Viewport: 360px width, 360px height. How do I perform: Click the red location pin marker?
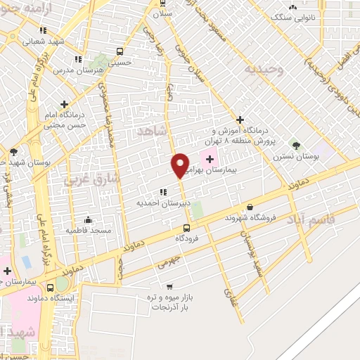(x=181, y=165)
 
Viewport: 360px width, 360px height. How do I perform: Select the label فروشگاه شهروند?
(x=248, y=218)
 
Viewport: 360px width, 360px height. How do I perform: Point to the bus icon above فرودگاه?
(x=186, y=228)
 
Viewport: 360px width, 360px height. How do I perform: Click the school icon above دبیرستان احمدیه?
(x=163, y=191)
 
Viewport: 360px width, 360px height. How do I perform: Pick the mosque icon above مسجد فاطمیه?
(x=87, y=219)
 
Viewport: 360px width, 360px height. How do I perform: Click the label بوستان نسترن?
(x=297, y=157)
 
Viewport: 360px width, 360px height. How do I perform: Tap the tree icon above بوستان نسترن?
(x=295, y=146)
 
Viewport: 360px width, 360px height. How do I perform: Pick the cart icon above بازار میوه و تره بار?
(x=169, y=287)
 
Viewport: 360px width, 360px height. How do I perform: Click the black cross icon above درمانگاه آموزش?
(x=240, y=120)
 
